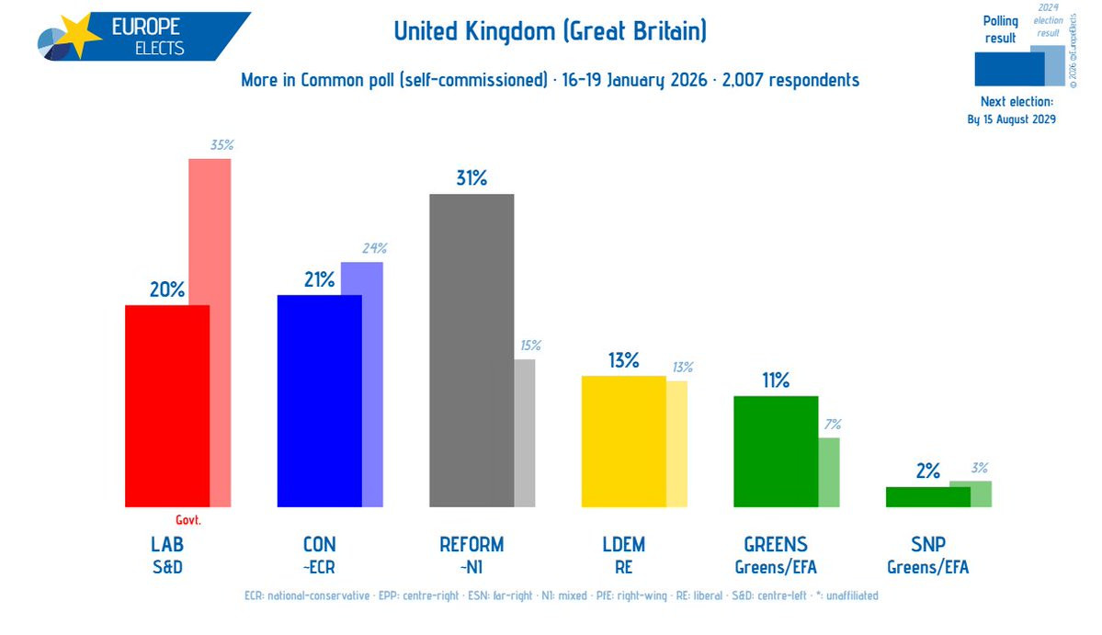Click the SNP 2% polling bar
pos(927,496)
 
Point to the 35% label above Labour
pos(222,145)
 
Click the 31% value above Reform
pos(471,178)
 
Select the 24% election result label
pos(374,248)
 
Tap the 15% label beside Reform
pos(530,346)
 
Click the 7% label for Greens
pos(833,425)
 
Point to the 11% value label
pos(775,380)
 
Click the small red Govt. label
pos(187,520)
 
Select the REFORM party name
pos(471,544)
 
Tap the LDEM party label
pos(623,544)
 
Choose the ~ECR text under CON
pos(319,567)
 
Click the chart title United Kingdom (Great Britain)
pos(550,32)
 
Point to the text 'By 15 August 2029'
pos(1011,119)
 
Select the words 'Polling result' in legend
pos(1001,29)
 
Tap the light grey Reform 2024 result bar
pos(524,432)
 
